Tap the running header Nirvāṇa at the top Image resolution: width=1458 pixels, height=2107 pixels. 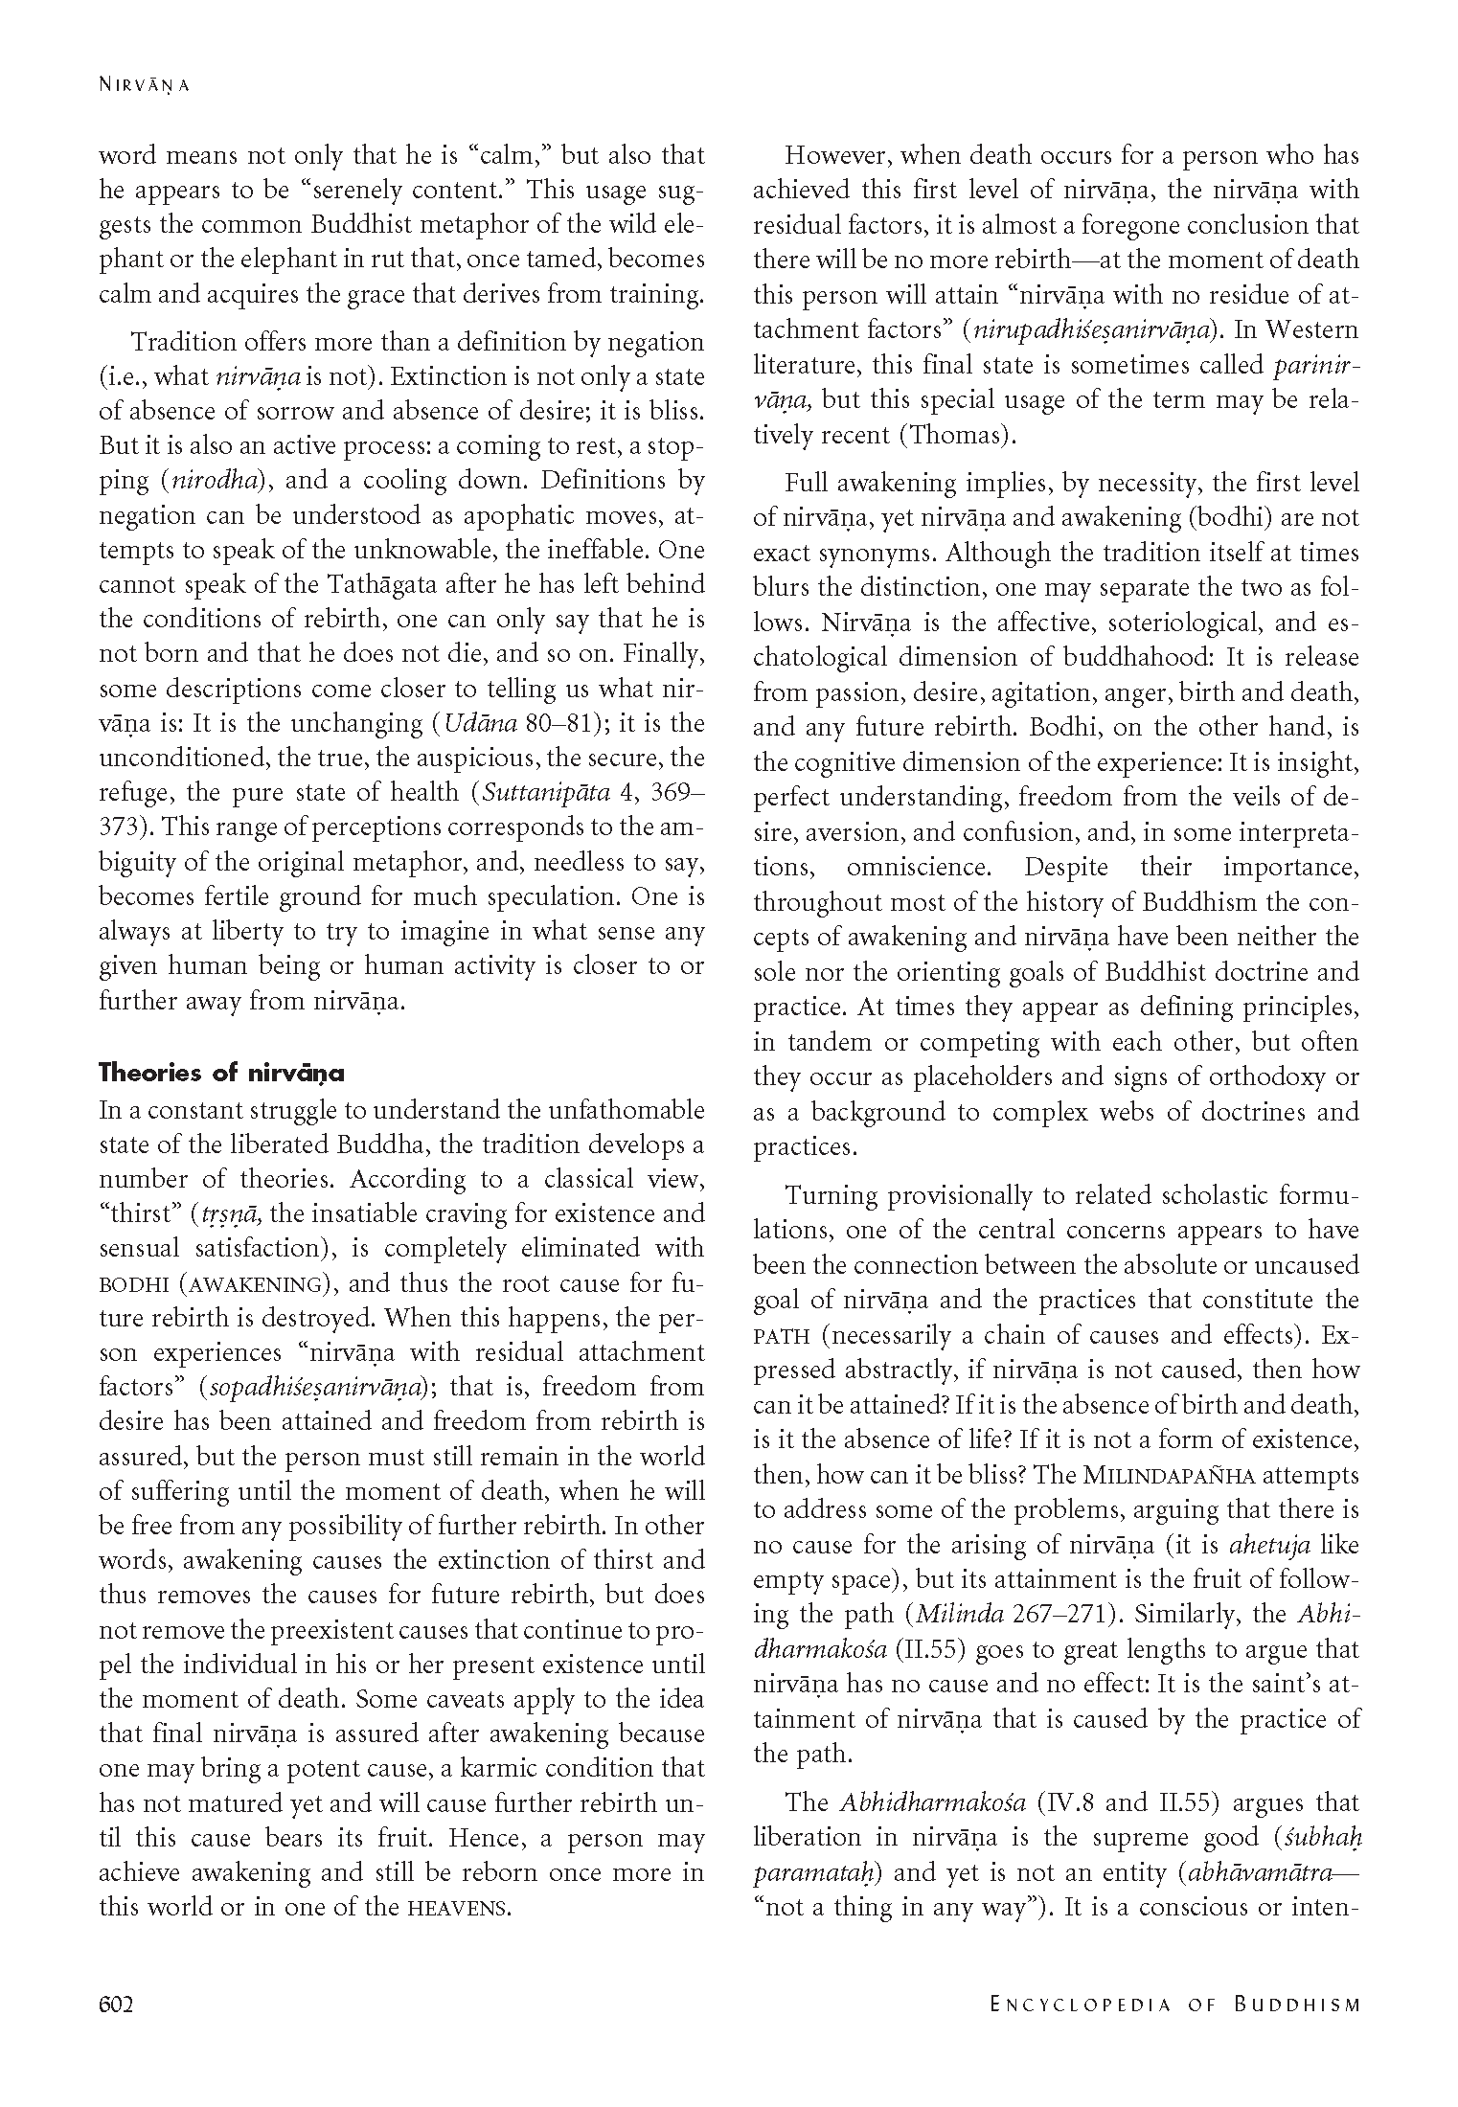pyautogui.click(x=145, y=84)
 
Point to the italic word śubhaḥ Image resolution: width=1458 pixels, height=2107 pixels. pyautogui.click(x=1321, y=1838)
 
